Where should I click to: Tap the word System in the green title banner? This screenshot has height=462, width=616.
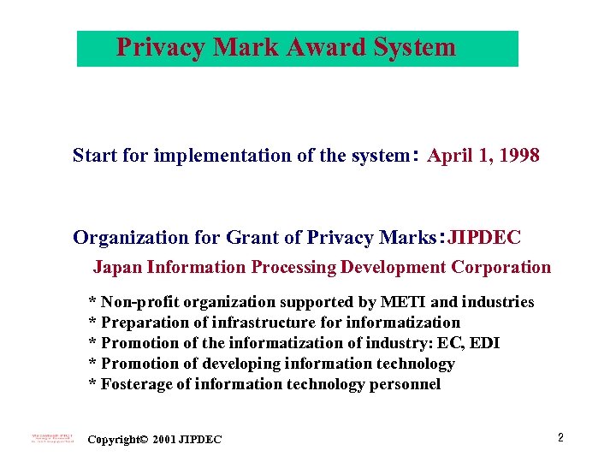(415, 47)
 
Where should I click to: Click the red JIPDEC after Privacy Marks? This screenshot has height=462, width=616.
(484, 237)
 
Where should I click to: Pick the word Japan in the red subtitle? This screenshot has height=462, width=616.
(117, 267)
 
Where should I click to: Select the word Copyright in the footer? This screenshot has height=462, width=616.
(114, 440)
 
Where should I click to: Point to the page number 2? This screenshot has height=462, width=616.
(560, 438)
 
